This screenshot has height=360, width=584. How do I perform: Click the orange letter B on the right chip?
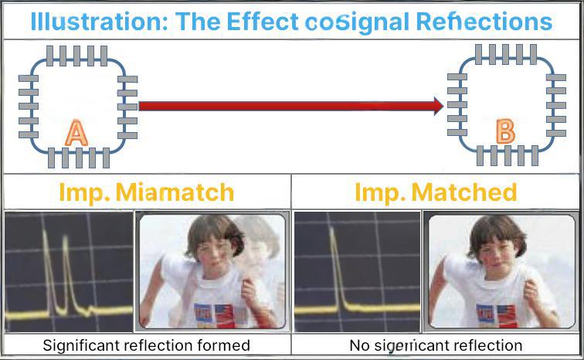[505, 131]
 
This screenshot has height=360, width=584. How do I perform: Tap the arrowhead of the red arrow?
[438, 106]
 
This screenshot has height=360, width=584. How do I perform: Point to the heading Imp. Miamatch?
[146, 192]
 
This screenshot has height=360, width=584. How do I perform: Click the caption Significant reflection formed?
[146, 345]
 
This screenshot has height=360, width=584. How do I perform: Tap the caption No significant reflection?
[436, 345]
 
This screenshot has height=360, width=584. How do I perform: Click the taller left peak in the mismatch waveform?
[46, 263]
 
